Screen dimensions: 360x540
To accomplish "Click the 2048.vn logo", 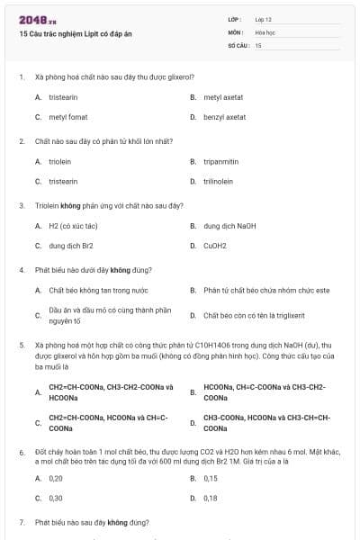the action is [38, 20].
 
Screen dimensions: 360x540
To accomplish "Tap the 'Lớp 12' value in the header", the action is [264, 19].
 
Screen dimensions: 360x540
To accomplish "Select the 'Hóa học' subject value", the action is [265, 31].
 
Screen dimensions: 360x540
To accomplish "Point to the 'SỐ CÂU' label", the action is [237, 44].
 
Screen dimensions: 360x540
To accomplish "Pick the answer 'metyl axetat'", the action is [223, 97].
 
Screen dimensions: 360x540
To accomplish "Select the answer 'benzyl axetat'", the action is [224, 117].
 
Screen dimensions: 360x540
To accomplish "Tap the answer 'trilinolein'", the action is [219, 181].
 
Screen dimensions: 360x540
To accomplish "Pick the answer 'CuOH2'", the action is [215, 245].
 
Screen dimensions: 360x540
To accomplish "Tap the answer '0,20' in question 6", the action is [56, 478].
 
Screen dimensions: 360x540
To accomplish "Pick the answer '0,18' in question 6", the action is [211, 498].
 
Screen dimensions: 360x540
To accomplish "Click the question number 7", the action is [22, 522].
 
